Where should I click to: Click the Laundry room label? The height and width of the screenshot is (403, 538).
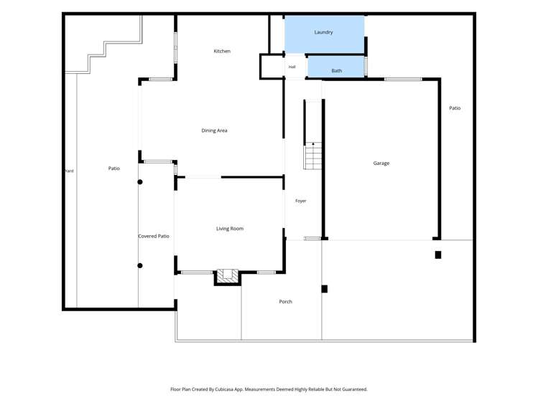[x=323, y=32]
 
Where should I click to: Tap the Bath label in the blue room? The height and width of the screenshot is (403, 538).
[x=337, y=70]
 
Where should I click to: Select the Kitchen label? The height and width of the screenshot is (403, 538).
[x=222, y=51]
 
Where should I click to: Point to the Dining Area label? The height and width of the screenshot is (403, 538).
[x=214, y=131]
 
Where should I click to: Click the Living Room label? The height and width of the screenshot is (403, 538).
[x=230, y=228]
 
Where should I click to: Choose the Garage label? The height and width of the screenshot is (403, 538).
[x=381, y=163]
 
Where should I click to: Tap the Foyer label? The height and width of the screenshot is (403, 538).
[x=300, y=201]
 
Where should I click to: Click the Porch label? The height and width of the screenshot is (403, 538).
[x=285, y=302]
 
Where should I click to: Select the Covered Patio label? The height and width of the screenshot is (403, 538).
[x=154, y=236]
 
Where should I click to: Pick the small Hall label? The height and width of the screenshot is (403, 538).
[x=292, y=67]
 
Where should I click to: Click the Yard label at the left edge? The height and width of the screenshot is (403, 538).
[x=69, y=171]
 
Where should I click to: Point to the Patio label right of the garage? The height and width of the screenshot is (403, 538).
[x=455, y=108]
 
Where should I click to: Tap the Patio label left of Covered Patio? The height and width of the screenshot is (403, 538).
[x=114, y=169]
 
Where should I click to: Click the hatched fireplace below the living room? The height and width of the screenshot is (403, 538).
[x=228, y=277]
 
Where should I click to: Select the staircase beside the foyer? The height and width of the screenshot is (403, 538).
[x=313, y=156]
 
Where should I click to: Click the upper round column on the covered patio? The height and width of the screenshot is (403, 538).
[x=140, y=182]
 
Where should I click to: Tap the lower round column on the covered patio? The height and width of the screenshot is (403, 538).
[x=140, y=265]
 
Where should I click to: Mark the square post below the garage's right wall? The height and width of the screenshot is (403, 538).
[x=438, y=255]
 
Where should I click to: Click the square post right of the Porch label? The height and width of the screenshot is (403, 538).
[x=324, y=289]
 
